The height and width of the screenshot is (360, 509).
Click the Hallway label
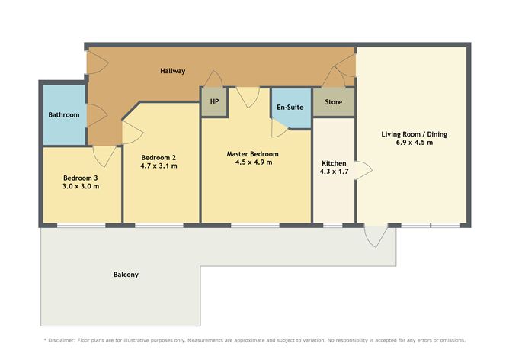(172, 71)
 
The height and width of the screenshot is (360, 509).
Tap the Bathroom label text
(64, 115)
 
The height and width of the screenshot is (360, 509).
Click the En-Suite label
(290, 108)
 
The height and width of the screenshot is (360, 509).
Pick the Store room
(333, 102)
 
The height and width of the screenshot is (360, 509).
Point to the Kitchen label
(334, 164)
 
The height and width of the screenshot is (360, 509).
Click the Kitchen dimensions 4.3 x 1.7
(334, 173)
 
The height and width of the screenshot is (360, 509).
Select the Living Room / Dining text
(414, 134)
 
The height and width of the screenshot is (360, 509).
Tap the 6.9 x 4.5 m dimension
(414, 143)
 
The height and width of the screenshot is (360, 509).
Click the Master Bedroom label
(253, 153)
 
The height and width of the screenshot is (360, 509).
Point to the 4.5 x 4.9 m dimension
(253, 162)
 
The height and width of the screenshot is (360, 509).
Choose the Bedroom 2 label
(158, 156)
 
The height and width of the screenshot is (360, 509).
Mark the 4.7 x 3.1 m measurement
(158, 166)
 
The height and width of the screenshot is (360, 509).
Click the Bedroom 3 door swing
(103, 156)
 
